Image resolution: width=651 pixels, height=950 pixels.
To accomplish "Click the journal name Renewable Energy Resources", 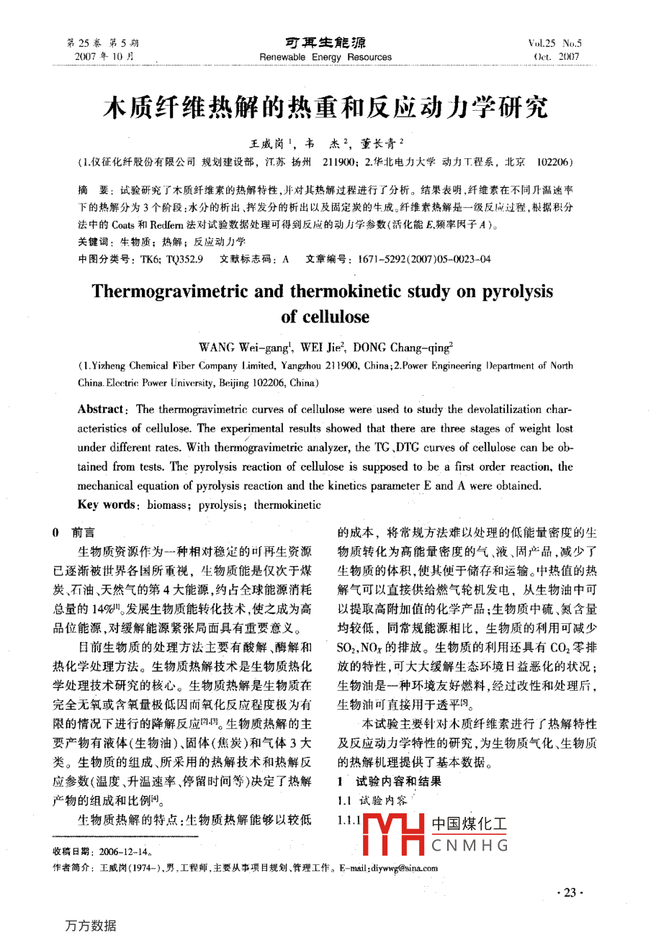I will [x=325, y=58].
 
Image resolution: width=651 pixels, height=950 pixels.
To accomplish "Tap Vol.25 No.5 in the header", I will [x=555, y=43].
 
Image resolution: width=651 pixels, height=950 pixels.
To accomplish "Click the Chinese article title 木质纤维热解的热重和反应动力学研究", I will [x=325, y=108].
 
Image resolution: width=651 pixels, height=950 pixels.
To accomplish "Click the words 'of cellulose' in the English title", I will [x=325, y=317].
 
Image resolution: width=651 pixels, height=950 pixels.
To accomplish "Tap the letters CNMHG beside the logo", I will [x=470, y=845].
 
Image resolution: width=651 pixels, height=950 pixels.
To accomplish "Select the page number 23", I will [x=570, y=893].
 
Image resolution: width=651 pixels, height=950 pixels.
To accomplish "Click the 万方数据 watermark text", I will [x=90, y=926].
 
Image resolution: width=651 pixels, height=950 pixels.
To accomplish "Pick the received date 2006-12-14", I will [x=120, y=851].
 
